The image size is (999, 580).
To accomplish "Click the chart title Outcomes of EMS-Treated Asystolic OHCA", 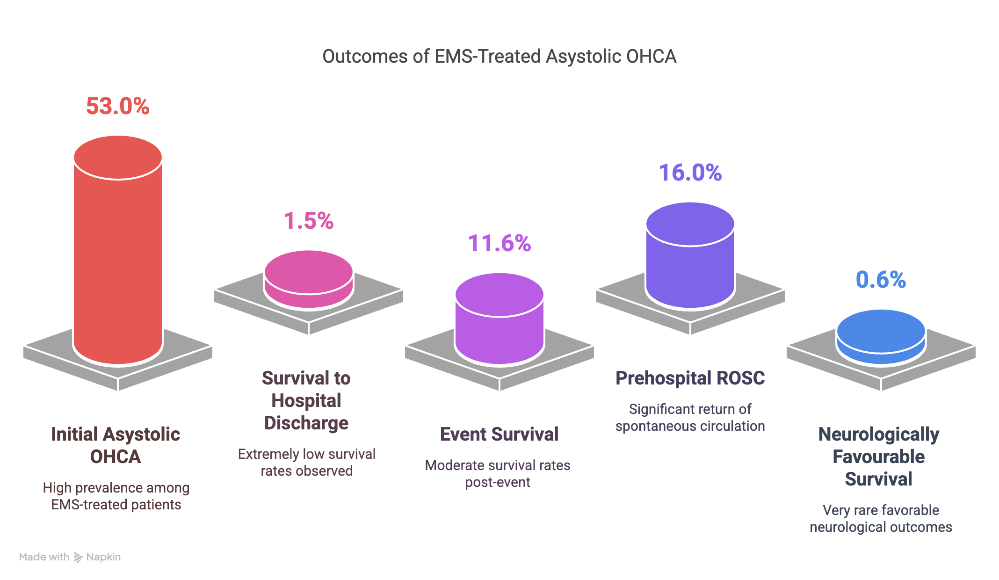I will tap(499, 57).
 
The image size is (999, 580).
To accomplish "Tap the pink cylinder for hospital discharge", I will tap(309, 279).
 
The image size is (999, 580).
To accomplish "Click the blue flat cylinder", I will tap(881, 337).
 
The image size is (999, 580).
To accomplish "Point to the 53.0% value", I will tap(118, 106).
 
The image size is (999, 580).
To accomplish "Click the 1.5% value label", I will tap(309, 221).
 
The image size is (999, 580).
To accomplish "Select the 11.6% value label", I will tap(499, 243).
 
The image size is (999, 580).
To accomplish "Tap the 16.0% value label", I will tap(690, 173).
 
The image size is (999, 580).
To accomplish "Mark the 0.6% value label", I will tap(881, 280).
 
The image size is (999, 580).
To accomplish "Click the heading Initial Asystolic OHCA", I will tap(116, 445).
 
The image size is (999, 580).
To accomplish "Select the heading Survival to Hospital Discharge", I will tap(306, 400).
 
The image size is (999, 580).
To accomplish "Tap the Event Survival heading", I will tap(499, 434).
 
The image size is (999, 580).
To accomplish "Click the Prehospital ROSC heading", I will tap(690, 378).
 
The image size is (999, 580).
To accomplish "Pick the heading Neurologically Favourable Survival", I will tap(879, 457).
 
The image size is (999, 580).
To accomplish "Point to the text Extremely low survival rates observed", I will tap(306, 462).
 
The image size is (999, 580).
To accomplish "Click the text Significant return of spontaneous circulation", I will tap(690, 417).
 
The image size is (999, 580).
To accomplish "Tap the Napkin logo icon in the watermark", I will tap(78, 557).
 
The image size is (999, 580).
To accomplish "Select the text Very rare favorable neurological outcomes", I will tap(881, 518).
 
